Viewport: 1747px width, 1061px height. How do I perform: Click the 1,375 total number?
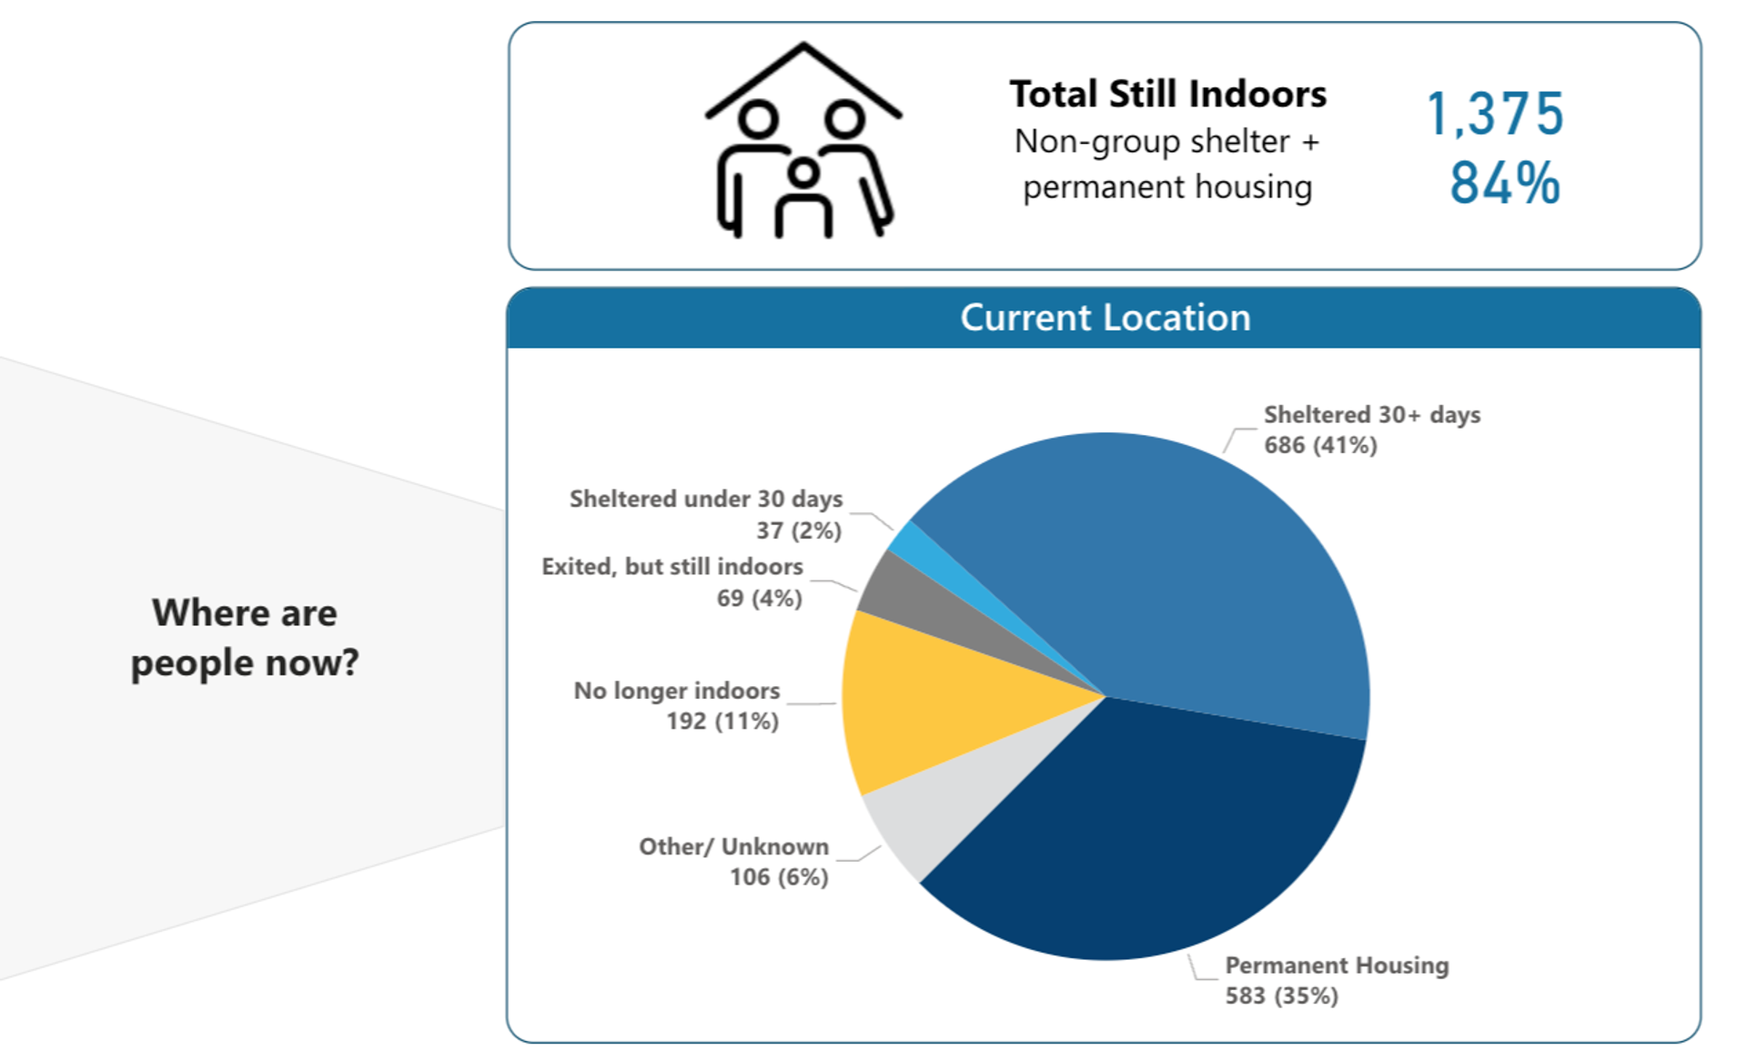pos(1495,115)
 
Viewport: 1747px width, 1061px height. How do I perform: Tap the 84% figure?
pos(1505,183)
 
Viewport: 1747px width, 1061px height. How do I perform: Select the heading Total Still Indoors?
pos(1167,94)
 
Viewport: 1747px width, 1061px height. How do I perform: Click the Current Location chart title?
pos(1105,318)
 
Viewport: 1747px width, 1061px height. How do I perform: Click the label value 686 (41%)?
pos(1320,445)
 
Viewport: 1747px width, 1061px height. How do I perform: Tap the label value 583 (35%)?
pos(1281,995)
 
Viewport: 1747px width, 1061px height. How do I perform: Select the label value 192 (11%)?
pos(722,721)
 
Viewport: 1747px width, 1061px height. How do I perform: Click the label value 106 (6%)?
pos(779,877)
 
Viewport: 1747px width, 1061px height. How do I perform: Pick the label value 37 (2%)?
pos(799,530)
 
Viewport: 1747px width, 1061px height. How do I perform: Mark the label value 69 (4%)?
pos(760,598)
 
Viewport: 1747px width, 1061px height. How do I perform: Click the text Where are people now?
pos(245,637)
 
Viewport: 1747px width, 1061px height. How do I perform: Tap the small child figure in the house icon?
pos(803,197)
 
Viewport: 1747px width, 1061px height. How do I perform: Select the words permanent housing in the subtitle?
pos(1167,187)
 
